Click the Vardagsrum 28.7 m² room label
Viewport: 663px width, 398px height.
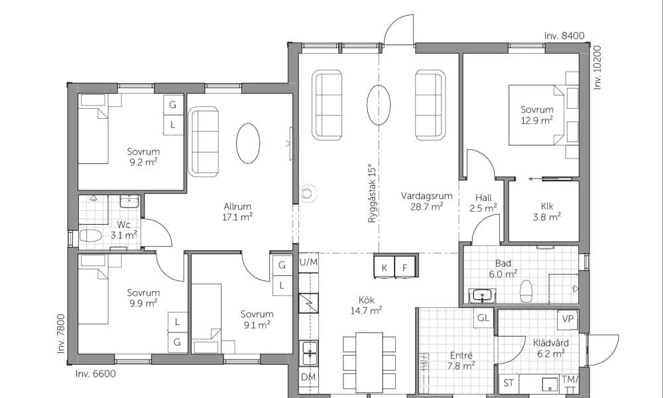426,202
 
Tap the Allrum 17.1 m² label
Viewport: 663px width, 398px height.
237,212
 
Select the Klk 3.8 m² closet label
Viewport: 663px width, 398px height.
546,212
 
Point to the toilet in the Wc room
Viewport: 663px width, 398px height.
90,235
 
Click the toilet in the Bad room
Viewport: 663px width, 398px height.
526,291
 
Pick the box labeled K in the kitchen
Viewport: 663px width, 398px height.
385,267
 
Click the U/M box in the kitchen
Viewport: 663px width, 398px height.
308,262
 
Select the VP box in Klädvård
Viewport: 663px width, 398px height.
568,319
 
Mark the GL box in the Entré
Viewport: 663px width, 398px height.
483,318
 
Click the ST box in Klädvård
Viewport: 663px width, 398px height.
509,383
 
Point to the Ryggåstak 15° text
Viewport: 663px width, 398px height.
372,193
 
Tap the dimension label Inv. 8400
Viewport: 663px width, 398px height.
564,36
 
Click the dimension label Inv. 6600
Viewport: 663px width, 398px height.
95,374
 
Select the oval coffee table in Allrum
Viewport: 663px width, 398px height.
248,143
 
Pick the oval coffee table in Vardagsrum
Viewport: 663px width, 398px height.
379,105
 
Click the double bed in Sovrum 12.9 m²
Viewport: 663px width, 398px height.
536,115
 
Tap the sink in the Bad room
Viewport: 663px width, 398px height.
483,295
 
